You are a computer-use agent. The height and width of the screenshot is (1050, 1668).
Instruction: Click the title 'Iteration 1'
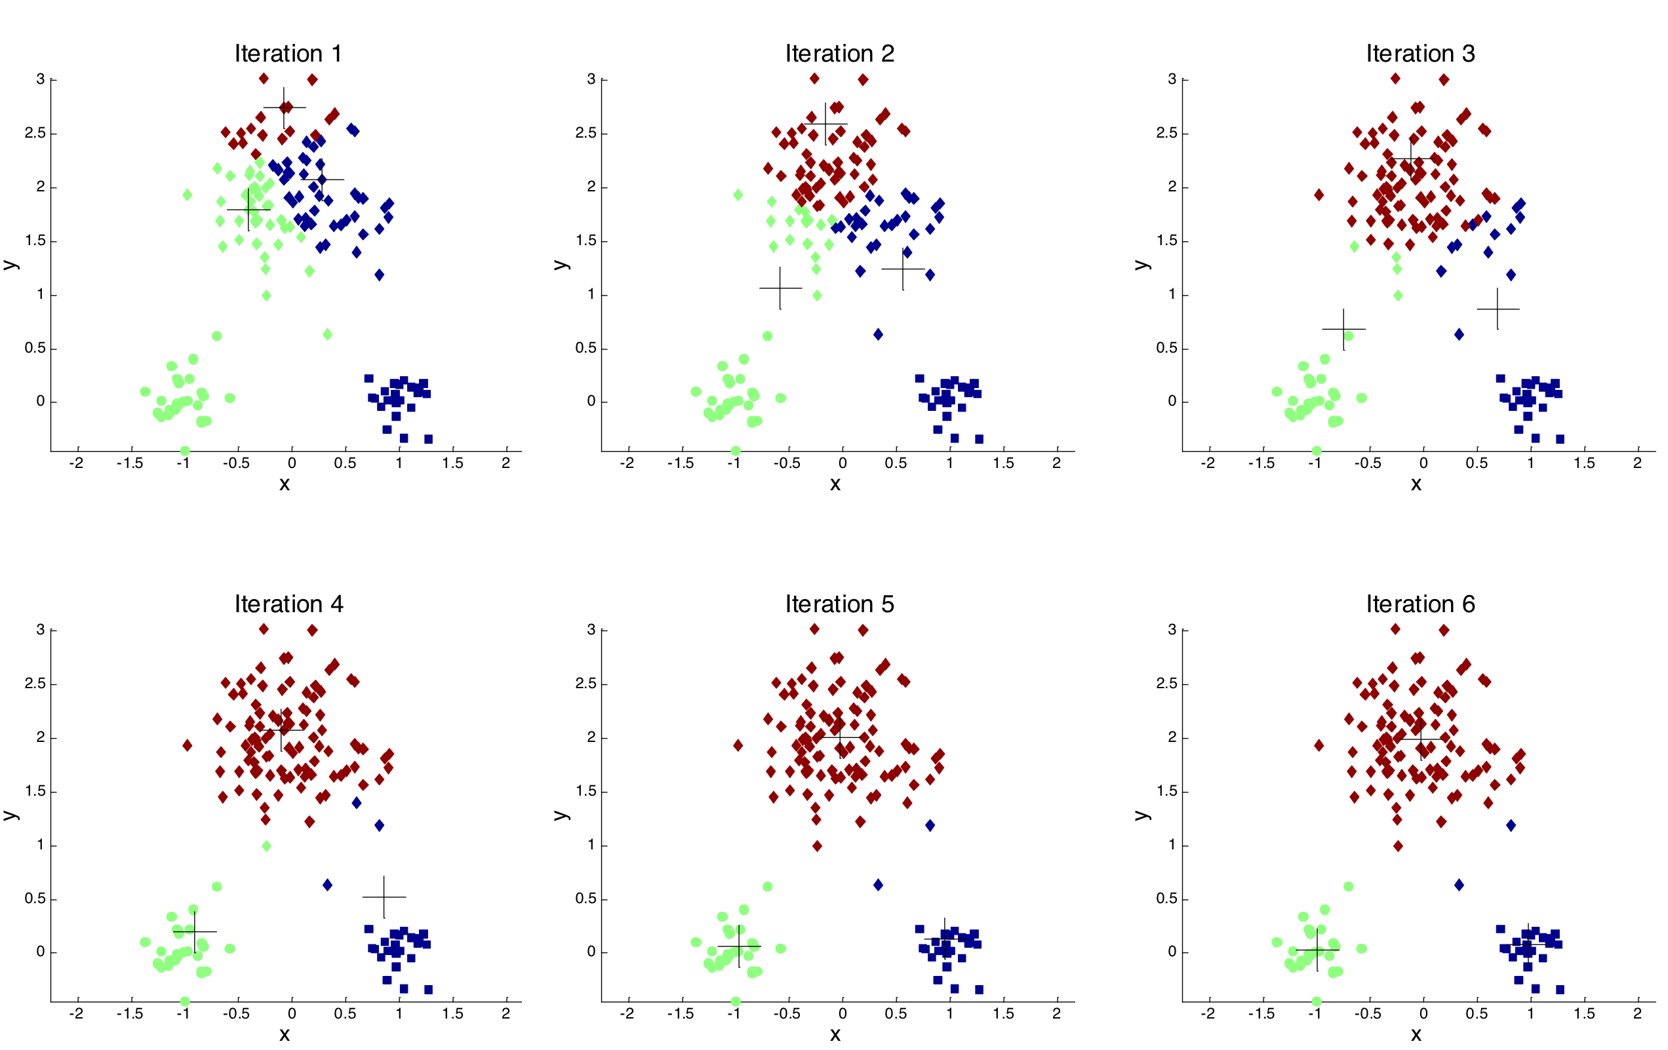pos(288,53)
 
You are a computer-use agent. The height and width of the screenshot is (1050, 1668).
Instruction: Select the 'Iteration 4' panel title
pos(288,604)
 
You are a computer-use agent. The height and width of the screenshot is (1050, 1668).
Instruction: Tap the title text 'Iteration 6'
pos(1420,604)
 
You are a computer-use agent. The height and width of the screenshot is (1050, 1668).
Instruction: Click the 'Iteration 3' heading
pos(1420,53)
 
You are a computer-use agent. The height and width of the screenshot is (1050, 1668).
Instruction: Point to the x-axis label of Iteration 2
pos(835,484)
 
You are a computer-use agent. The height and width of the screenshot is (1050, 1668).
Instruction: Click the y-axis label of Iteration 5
pos(561,814)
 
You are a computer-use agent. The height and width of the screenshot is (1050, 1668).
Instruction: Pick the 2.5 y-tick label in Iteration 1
pos(35,133)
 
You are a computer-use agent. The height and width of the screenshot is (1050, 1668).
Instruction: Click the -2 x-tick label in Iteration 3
pos(1207,463)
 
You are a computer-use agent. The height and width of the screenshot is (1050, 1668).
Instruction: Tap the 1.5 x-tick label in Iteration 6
pos(1583,1014)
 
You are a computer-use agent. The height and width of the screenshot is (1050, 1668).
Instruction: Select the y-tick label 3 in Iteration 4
pos(40,630)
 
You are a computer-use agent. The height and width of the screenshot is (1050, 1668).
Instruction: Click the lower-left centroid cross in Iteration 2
pos(780,288)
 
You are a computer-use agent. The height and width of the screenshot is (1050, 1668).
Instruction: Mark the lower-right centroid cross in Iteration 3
pos(1498,309)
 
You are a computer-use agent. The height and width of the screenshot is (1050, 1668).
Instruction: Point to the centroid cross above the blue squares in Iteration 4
pos(384,897)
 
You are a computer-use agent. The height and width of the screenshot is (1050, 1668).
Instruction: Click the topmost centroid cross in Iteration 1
pos(284,107)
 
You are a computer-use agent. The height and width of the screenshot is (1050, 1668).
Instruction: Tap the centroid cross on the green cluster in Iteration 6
pos(1317,950)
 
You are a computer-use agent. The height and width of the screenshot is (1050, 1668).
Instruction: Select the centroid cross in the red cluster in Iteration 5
pos(841,737)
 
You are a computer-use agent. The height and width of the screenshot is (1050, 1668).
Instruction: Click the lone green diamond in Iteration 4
pos(267,846)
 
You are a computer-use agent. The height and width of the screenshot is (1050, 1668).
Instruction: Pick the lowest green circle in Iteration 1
pos(185,451)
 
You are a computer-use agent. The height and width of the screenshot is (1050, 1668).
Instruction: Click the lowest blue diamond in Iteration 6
pos(1459,885)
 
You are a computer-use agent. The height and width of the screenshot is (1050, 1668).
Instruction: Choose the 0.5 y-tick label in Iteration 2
pos(586,347)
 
